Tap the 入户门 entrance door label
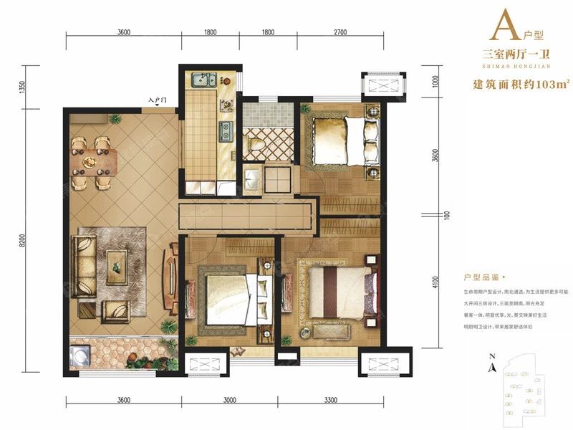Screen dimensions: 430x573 [158, 100]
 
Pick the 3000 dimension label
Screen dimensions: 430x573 [229, 400]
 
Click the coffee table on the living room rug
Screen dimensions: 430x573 [116, 267]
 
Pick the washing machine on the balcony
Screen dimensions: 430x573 [80, 356]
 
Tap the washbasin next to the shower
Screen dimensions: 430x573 [251, 177]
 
